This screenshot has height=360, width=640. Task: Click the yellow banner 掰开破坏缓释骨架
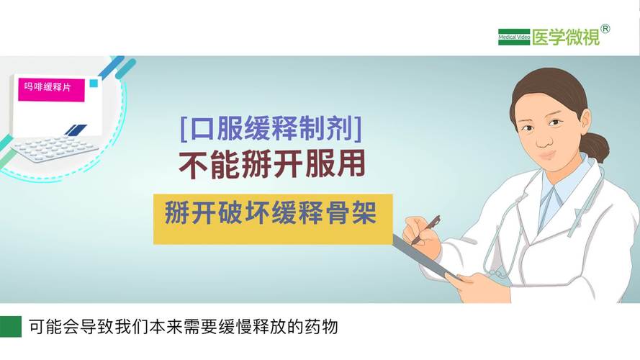pyautogui.click(x=270, y=214)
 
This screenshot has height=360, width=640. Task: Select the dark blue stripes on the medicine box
pyautogui.click(x=76, y=130)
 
